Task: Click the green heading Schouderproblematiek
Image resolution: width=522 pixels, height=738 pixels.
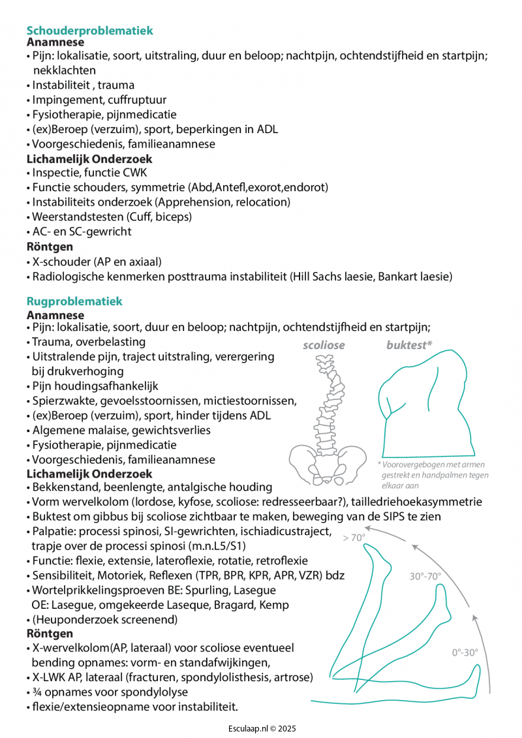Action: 90,30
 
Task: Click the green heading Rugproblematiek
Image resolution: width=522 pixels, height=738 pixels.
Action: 74,301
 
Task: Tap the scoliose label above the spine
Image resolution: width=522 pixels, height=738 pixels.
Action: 324,345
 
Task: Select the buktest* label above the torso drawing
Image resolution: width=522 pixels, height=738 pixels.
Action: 409,345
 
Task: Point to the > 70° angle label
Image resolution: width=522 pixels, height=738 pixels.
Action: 354,538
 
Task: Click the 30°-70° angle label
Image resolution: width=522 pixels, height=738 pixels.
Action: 425,576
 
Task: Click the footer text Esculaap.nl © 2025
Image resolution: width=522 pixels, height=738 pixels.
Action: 261,728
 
